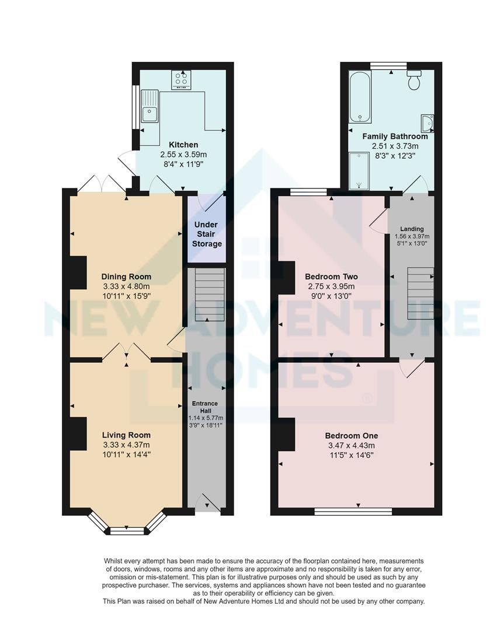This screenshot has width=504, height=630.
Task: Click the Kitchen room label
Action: [x=183, y=145]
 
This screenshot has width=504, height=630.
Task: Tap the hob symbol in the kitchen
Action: [x=181, y=79]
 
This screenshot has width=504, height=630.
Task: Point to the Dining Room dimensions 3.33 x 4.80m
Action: [x=126, y=286]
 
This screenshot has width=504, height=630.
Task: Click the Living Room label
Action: [x=126, y=435]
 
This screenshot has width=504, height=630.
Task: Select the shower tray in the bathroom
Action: [x=359, y=171]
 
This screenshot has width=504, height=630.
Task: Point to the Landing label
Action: [x=412, y=229]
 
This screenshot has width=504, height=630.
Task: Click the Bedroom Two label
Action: [x=331, y=276]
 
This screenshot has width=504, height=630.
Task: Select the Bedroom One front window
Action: [x=353, y=512]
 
